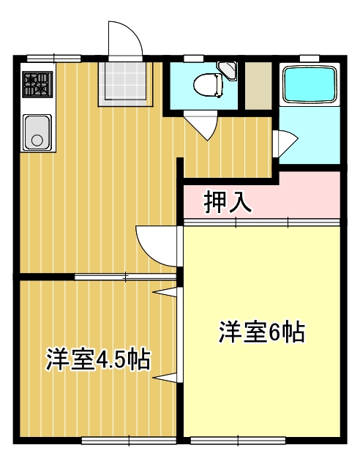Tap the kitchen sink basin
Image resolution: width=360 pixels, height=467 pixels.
pyautogui.click(x=37, y=132)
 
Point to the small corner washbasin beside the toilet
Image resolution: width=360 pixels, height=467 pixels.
pyautogui.click(x=229, y=71)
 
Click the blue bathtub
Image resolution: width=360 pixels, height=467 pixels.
pyautogui.click(x=309, y=84)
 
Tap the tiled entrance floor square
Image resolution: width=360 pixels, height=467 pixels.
pyautogui.click(x=126, y=81)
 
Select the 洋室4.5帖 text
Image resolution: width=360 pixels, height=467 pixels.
pyautogui.click(x=100, y=359)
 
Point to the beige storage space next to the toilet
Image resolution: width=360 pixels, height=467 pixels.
pyautogui.click(x=257, y=86)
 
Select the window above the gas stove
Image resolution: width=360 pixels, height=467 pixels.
pyautogui.click(x=53, y=58)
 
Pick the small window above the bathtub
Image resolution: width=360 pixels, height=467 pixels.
pyautogui.click(x=310, y=58)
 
